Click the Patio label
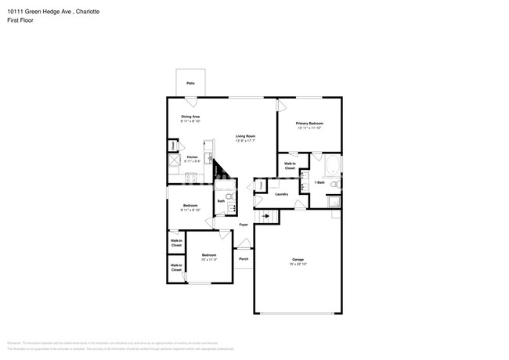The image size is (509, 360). [190, 83]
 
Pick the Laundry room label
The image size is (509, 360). [282, 194]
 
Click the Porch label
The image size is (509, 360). [244, 259]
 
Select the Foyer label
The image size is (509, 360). [244, 225]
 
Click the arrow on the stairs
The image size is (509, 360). [266, 215]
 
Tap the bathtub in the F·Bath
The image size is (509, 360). [332, 166]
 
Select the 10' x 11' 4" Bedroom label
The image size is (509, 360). [208, 257]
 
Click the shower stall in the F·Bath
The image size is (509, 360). [334, 202]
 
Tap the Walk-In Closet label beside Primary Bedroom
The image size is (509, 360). [289, 166]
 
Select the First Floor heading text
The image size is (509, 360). [20, 22]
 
